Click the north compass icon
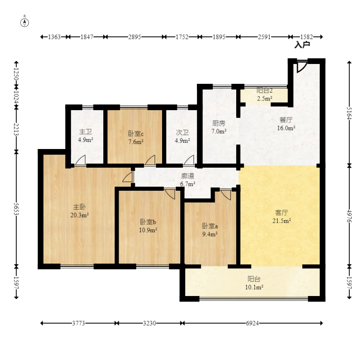click(x=25, y=22)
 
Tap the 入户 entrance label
click(x=302, y=45)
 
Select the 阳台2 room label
click(x=265, y=90)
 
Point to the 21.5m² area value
click(x=282, y=221)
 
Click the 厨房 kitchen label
click(x=219, y=124)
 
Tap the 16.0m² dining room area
click(x=286, y=128)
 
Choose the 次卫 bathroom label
click(x=182, y=132)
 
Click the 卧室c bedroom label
click(x=136, y=134)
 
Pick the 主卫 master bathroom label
click(x=85, y=132)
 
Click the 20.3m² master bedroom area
click(x=79, y=215)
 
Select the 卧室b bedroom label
click(x=148, y=222)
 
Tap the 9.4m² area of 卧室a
click(x=210, y=234)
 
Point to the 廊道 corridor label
click(x=188, y=176)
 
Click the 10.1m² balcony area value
click(x=254, y=288)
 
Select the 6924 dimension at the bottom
click(x=252, y=323)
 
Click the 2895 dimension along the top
click(x=135, y=37)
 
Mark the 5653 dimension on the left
click(x=16, y=209)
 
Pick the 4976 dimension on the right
click(x=349, y=216)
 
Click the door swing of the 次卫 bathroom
click(x=189, y=160)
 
